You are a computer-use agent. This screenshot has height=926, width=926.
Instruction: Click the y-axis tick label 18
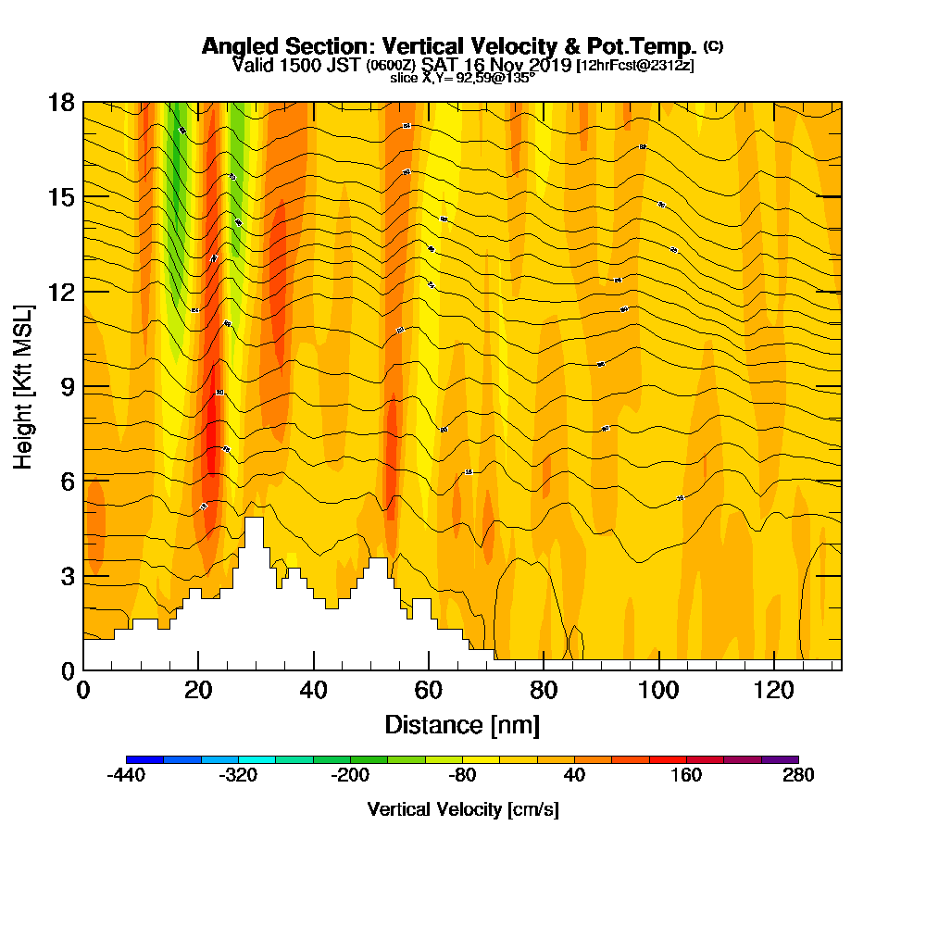[x=62, y=103]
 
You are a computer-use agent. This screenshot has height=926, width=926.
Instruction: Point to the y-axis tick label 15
[x=62, y=198]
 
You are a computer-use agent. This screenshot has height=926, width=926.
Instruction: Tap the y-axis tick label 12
[x=62, y=293]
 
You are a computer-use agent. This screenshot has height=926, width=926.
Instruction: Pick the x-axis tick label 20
[x=198, y=690]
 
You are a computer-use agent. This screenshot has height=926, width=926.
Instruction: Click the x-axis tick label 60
[x=429, y=690]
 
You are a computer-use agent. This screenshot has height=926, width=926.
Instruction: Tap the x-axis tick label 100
[x=658, y=690]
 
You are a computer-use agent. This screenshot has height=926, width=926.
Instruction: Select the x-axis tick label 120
[x=773, y=690]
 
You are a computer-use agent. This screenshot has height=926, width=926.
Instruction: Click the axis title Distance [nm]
[x=462, y=724]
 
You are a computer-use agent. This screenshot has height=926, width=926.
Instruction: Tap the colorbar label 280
[x=797, y=776]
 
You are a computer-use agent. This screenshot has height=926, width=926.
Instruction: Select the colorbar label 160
[x=686, y=776]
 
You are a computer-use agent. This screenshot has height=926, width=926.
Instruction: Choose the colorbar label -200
[x=350, y=776]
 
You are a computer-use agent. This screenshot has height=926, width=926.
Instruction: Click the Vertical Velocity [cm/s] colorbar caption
[x=462, y=809]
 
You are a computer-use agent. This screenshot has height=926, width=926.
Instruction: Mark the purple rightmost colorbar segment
[x=779, y=759]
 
